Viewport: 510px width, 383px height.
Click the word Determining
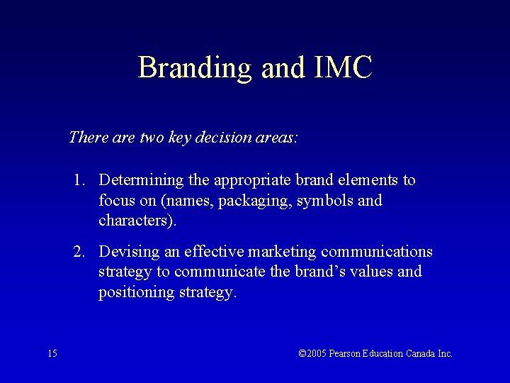click(x=141, y=181)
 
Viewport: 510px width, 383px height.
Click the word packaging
click(x=254, y=201)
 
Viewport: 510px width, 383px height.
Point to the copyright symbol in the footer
click(x=302, y=353)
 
